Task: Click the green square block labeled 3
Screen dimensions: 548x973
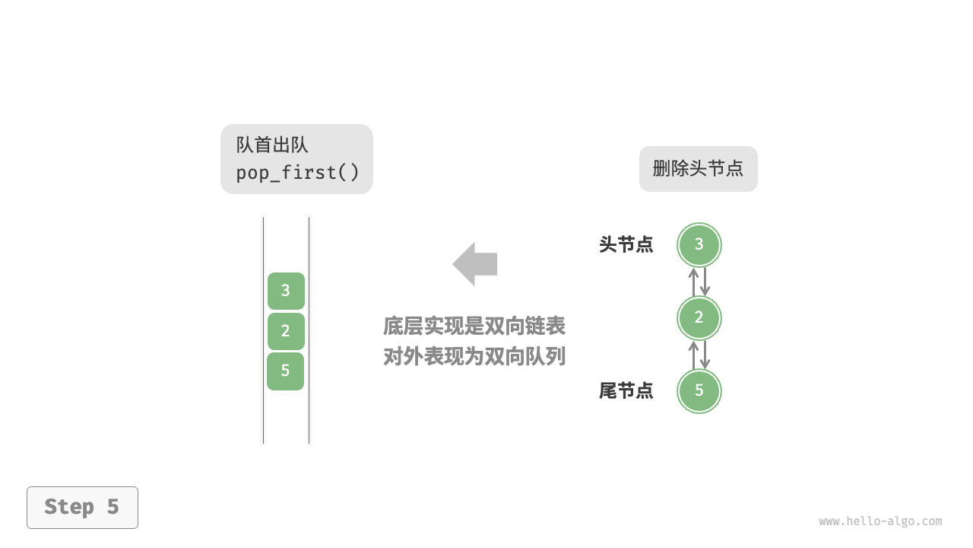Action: (x=286, y=291)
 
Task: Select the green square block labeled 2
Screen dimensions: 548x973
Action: (x=286, y=331)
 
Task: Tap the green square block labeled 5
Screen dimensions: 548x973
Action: (x=286, y=371)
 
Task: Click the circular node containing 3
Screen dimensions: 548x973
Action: (x=699, y=244)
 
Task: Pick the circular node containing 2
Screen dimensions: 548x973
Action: (x=699, y=317)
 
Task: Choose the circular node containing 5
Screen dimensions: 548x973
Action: (x=699, y=391)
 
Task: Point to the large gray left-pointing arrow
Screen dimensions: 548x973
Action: (x=475, y=264)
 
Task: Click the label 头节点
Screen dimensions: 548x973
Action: (x=626, y=245)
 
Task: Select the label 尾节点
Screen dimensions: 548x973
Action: (x=626, y=391)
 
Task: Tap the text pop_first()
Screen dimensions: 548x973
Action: (x=297, y=173)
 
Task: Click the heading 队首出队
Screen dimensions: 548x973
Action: (x=272, y=145)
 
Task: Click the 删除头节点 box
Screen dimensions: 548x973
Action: (x=698, y=169)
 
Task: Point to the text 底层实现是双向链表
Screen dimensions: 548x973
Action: (x=474, y=327)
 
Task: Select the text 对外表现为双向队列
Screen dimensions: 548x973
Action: (x=474, y=356)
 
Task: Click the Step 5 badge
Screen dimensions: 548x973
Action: (x=82, y=507)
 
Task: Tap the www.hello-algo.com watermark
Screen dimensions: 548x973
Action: (x=880, y=521)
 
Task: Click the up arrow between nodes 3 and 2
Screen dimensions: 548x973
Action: (x=693, y=282)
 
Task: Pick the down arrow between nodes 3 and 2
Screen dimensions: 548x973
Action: (x=705, y=282)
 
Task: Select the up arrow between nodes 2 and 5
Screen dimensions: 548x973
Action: (x=693, y=355)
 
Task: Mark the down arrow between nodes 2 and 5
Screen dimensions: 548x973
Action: (x=705, y=355)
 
